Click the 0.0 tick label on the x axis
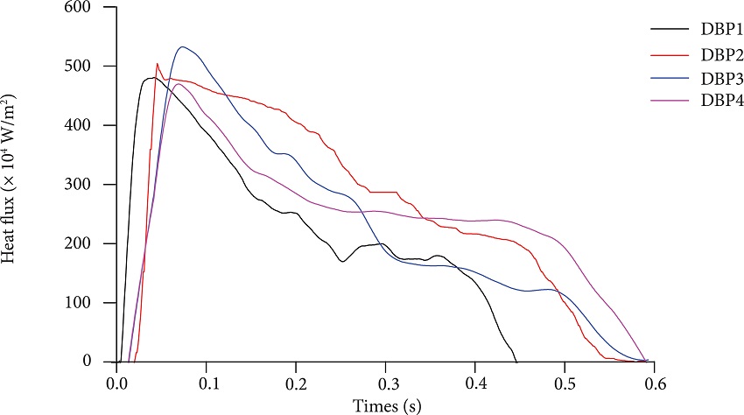116,383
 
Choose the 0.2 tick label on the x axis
296,383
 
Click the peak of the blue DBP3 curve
182,47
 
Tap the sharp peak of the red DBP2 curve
158,63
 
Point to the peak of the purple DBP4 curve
178,84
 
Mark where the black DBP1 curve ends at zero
516,361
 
